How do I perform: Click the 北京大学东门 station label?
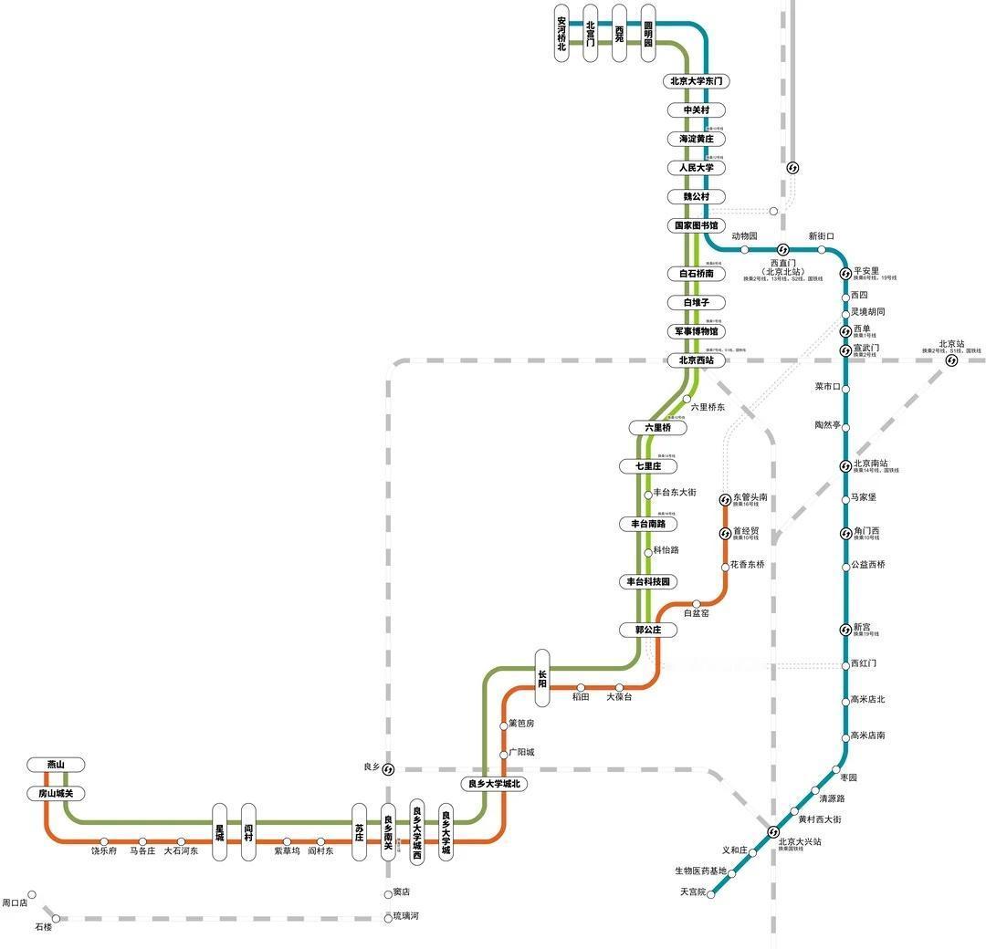pos(697,81)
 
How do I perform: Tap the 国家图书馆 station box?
pos(697,225)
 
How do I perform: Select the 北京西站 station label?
pos(697,360)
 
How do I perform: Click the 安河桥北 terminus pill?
pos(561,34)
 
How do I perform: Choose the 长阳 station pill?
pos(542,678)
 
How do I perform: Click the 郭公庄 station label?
pos(648,630)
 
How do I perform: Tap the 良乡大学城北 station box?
pos(495,784)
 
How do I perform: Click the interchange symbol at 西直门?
pos(782,250)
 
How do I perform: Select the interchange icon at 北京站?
pos(951,360)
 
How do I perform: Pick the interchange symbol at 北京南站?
pos(845,466)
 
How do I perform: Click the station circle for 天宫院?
pos(711,894)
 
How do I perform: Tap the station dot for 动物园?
pos(744,250)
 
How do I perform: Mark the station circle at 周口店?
pos(32,895)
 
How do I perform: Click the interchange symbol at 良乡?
pos(388,769)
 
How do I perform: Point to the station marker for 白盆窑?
pos(696,603)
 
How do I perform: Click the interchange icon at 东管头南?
pos(725,500)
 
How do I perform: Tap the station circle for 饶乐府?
pos(104,841)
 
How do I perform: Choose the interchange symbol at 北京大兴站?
pos(773,831)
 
